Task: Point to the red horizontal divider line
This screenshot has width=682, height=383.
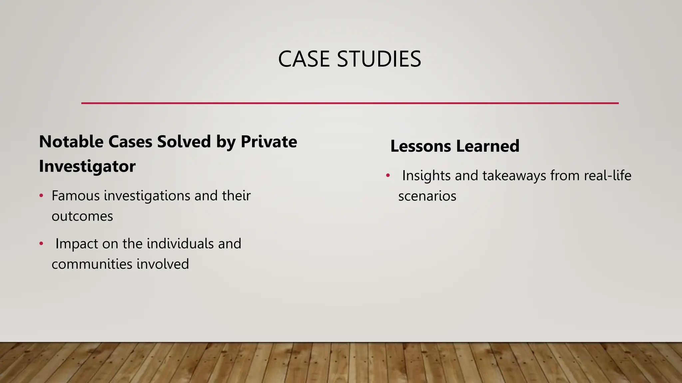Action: point(350,103)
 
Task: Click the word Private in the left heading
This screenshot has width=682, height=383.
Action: point(269,142)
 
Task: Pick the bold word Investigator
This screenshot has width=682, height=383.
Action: point(87,166)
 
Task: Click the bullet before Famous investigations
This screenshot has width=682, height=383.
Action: point(41,196)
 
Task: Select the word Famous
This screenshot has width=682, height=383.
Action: point(76,196)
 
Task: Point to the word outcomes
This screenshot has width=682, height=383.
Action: point(82,216)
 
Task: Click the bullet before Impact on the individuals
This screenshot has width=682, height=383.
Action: point(41,244)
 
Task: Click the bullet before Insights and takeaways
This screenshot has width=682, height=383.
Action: point(388,176)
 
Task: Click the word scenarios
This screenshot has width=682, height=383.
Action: point(427,196)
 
